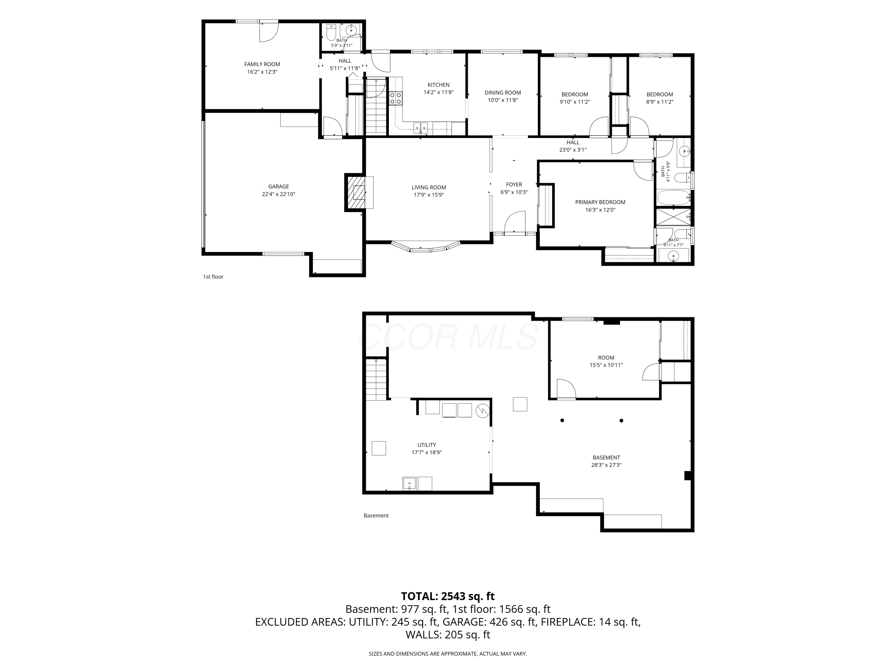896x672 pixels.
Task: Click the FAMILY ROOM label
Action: pyautogui.click(x=262, y=64)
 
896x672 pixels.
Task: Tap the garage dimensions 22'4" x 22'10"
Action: pyautogui.click(x=278, y=194)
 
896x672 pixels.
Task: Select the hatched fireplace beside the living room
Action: pyautogui.click(x=355, y=192)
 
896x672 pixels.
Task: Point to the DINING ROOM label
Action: pyautogui.click(x=503, y=92)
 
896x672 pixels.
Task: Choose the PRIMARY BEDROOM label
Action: pyautogui.click(x=600, y=202)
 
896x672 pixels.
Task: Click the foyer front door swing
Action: pyautogui.click(x=515, y=222)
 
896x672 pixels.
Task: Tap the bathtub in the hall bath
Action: pyautogui.click(x=673, y=198)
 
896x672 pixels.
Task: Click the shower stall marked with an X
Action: pyautogui.click(x=673, y=217)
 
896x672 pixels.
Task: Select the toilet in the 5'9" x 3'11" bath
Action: pyautogui.click(x=331, y=32)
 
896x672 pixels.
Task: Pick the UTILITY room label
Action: pyautogui.click(x=426, y=445)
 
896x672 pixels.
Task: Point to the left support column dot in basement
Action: pyautogui.click(x=562, y=421)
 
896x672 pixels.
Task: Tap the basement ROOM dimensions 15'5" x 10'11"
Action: pyautogui.click(x=606, y=365)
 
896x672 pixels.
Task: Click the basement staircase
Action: pyautogui.click(x=376, y=380)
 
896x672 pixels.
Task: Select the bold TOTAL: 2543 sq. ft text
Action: pyautogui.click(x=448, y=596)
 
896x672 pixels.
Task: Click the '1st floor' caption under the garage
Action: pyautogui.click(x=213, y=277)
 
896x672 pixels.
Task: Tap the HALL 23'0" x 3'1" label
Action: pyautogui.click(x=573, y=146)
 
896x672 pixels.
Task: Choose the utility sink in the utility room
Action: pyautogui.click(x=409, y=484)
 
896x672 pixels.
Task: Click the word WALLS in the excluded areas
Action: pyautogui.click(x=423, y=634)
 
